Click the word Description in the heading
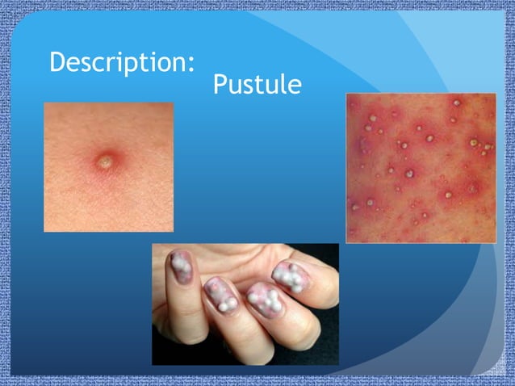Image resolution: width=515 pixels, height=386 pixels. [x=121, y=62]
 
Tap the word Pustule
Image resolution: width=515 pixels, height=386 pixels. [x=257, y=84]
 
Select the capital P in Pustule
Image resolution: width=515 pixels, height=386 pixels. [x=220, y=84]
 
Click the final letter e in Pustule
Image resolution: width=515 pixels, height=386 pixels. [x=295, y=86]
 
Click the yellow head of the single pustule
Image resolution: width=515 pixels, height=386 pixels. [x=104, y=162]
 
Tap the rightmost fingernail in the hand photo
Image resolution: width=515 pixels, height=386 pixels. [x=288, y=278]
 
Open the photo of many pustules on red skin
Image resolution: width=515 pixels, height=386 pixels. [x=421, y=167]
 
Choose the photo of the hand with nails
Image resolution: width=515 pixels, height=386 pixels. [x=245, y=304]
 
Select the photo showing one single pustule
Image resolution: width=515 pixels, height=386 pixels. [x=108, y=167]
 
